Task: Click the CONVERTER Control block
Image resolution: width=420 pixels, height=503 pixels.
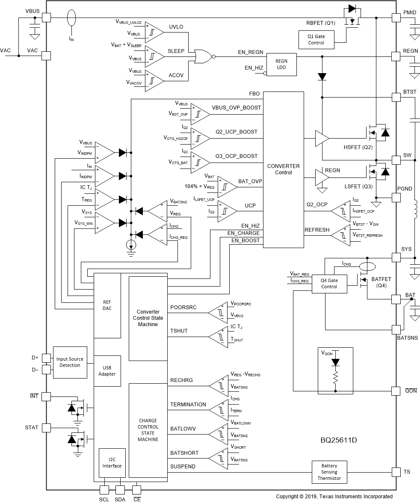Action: click(283, 169)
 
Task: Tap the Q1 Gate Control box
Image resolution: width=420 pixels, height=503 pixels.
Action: click(316, 40)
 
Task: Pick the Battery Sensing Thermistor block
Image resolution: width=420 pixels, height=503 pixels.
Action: click(329, 472)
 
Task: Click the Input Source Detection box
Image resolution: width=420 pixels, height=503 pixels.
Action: click(70, 362)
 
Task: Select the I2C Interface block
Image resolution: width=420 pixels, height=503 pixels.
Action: click(112, 463)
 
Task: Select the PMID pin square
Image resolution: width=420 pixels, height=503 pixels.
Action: click(396, 18)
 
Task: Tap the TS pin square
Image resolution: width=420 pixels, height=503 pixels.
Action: click(396, 472)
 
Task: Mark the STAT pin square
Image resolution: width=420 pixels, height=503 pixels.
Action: click(46, 427)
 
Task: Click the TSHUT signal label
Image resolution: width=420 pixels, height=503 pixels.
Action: click(179, 331)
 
